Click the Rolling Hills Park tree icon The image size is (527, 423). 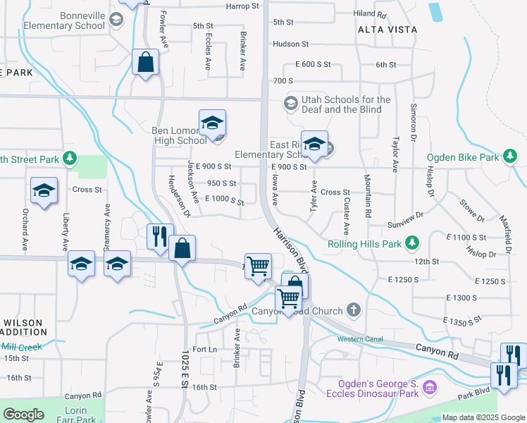point(413,244)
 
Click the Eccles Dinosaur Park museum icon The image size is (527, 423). point(433,387)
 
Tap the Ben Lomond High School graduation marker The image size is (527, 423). point(212,123)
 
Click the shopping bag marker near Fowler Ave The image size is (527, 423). point(145,62)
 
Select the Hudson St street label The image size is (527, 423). point(291,44)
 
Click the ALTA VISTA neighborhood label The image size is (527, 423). point(387,30)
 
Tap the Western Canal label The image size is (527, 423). point(359,339)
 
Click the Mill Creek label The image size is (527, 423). point(22,347)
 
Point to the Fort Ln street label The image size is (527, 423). point(204,350)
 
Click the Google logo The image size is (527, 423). point(23,415)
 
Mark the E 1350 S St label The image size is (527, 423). point(462,320)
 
